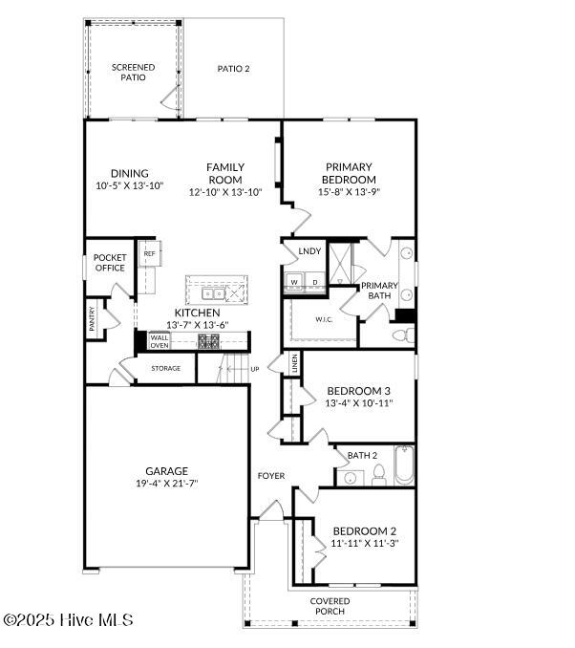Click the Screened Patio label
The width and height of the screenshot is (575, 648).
tap(133, 73)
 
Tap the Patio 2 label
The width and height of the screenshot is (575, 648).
tap(233, 69)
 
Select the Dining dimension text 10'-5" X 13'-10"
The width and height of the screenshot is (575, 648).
tap(130, 185)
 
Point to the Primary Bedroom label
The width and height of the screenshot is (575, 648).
tap(349, 173)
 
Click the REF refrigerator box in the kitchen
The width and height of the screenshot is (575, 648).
tap(150, 253)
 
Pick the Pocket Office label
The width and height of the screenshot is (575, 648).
tap(110, 263)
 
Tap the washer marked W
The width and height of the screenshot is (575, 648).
tap(294, 281)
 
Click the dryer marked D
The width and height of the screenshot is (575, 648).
tap(315, 281)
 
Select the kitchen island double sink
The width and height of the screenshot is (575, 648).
tap(213, 293)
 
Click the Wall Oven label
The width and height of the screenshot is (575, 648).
tap(160, 341)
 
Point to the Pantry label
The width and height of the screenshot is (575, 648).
tap(92, 318)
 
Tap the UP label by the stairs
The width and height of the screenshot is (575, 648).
tap(255, 369)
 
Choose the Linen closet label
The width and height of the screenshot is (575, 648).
tap(294, 363)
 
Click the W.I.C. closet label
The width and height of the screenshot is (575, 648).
tap(324, 319)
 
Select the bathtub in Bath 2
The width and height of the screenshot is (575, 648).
tap(404, 465)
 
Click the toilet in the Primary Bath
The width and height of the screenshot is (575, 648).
tap(403, 335)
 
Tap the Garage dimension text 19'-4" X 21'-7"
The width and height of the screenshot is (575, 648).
tap(167, 483)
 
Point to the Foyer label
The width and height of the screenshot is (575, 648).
tap(271, 476)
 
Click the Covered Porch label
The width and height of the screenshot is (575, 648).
tap(330, 606)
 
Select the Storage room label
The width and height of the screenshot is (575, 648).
tap(165, 368)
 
